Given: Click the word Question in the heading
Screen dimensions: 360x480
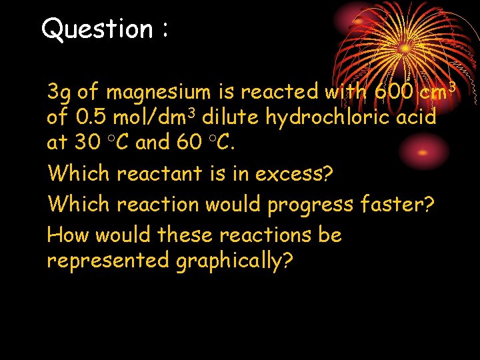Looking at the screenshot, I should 97,29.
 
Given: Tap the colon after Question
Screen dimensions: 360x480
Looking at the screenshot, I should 163,31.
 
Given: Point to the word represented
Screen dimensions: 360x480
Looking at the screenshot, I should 108,261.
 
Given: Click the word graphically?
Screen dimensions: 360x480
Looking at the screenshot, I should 234,261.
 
